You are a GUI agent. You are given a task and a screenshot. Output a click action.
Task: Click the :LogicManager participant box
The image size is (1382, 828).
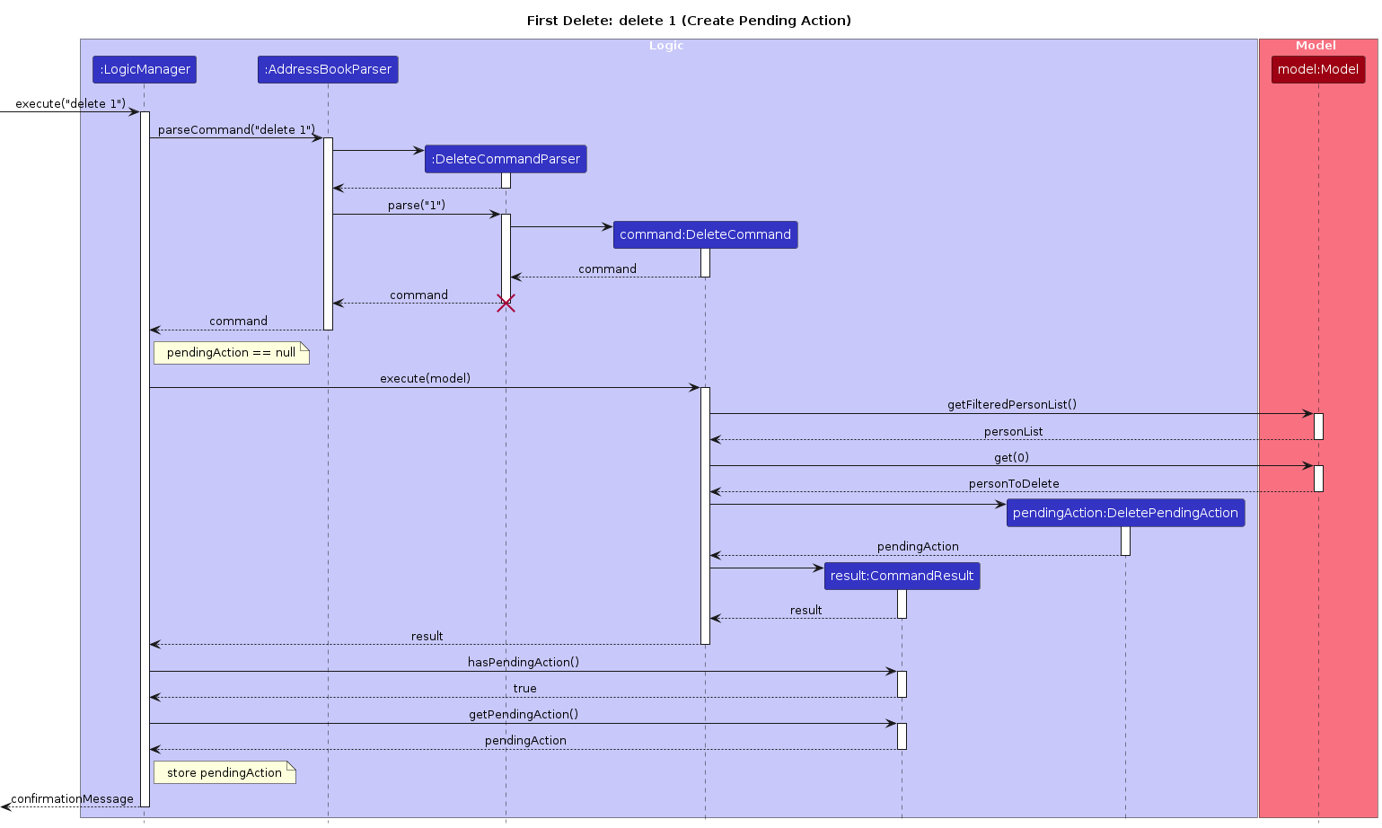(144, 69)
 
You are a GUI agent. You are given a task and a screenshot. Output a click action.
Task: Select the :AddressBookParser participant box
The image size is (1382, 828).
(328, 69)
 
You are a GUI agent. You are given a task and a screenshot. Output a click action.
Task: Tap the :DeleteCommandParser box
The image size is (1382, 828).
(506, 159)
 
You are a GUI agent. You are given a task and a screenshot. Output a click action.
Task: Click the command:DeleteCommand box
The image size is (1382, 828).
(705, 234)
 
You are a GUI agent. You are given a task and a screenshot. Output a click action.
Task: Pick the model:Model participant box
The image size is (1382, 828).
(1317, 69)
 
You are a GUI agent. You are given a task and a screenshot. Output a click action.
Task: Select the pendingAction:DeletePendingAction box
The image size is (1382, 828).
(1125, 513)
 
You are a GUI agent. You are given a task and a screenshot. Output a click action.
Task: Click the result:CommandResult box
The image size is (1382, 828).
(902, 576)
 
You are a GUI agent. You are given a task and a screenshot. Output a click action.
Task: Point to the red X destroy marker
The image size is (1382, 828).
(506, 304)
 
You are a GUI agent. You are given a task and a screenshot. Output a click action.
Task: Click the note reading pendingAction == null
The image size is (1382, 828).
(231, 353)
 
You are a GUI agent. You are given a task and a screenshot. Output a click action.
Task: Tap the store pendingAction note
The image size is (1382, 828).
(224, 772)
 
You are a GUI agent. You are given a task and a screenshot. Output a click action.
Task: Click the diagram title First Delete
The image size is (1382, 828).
(689, 21)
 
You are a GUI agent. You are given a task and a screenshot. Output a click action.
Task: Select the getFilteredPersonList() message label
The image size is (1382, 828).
(1011, 405)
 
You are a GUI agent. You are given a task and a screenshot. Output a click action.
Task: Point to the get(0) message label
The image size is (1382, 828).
(1011, 458)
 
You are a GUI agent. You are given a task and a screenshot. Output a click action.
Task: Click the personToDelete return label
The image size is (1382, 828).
(1013, 484)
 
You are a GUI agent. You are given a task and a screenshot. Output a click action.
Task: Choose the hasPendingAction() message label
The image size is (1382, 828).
(523, 663)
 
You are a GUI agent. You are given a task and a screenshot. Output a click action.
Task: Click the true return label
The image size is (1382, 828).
(524, 689)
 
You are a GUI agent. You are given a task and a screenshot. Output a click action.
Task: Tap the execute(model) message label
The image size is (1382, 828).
(425, 379)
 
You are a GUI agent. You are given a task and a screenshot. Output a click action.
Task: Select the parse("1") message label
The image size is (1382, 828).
(416, 206)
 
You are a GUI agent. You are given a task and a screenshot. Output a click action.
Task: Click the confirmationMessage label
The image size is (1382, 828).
(72, 799)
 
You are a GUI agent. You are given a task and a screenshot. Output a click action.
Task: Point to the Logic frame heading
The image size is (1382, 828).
(666, 46)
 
